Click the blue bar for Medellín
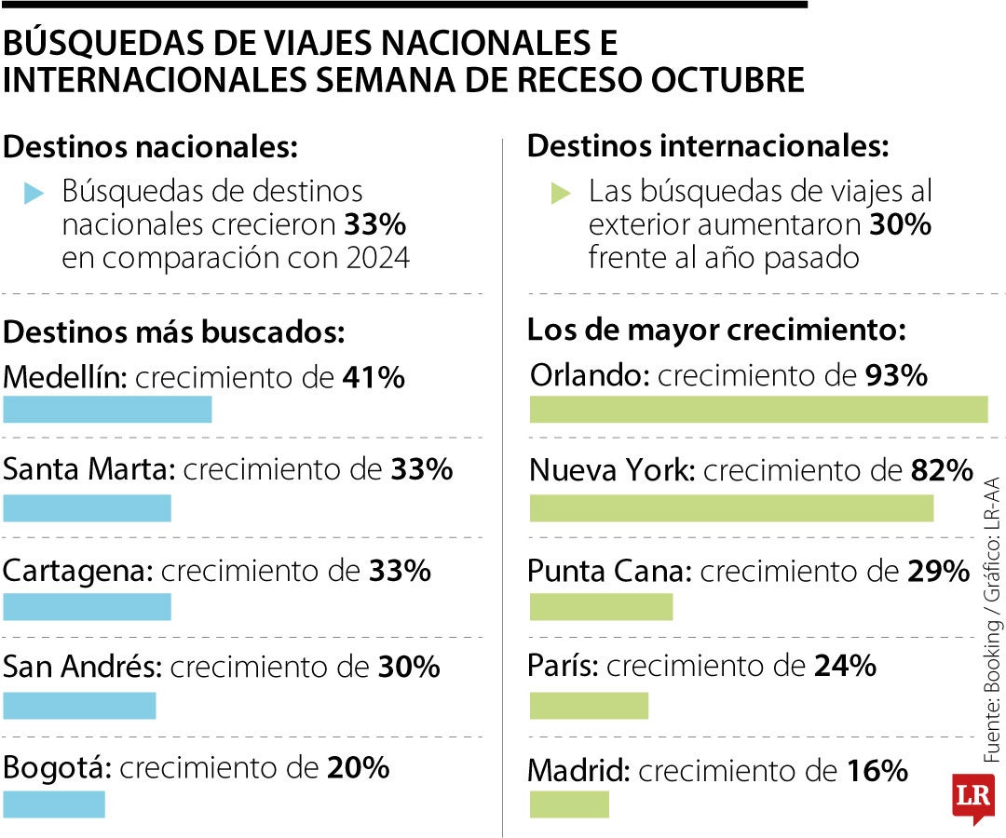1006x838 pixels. (x=107, y=410)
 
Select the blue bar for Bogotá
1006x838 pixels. (x=54, y=804)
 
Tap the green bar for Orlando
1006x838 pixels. (x=758, y=410)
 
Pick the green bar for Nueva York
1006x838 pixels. (x=731, y=508)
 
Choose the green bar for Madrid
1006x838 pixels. (x=569, y=804)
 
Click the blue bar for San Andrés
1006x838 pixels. (x=79, y=705)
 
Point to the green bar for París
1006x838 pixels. (x=589, y=705)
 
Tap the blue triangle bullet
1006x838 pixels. (x=34, y=193)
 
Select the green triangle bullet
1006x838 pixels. (x=561, y=193)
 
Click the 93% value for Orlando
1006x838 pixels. (x=896, y=376)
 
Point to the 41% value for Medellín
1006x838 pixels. (x=373, y=378)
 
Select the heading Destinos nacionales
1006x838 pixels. (x=151, y=147)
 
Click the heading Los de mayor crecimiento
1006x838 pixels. (x=716, y=331)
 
